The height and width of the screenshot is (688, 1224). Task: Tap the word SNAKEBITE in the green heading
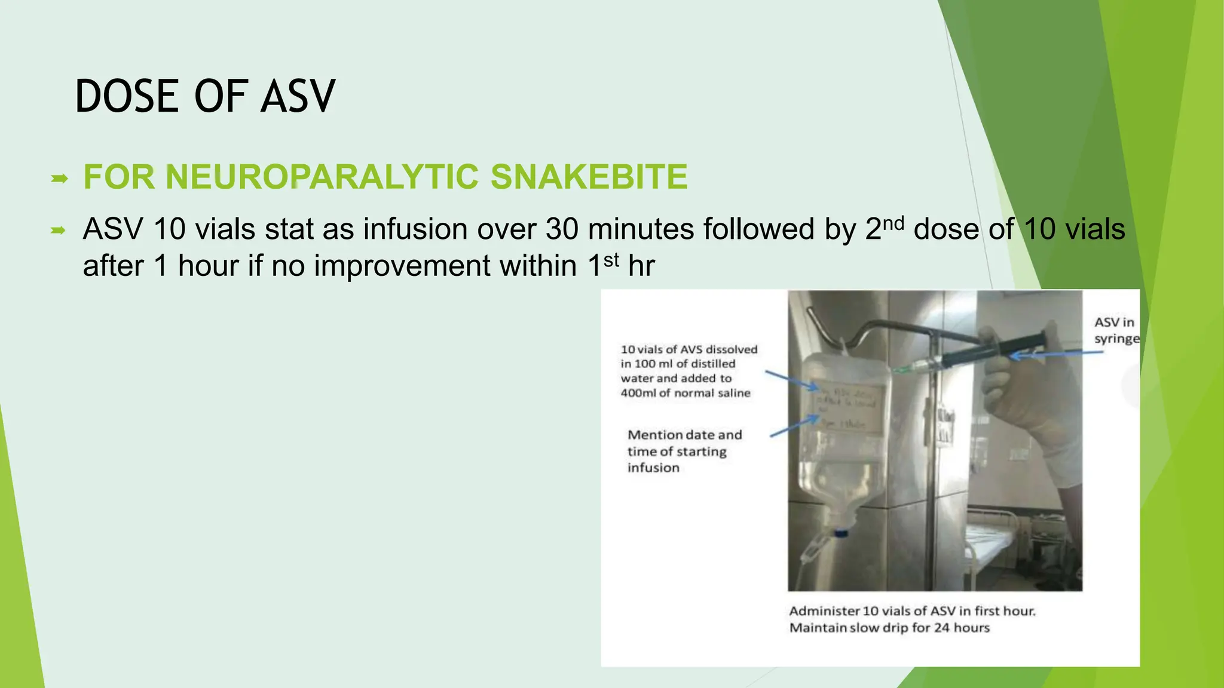pos(588,177)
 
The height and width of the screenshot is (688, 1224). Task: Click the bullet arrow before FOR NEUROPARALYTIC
pos(59,178)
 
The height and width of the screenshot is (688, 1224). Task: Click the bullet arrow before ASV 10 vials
pos(59,231)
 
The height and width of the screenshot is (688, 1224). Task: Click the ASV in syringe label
pos(1116,330)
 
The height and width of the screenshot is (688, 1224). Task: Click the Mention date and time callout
pos(684,451)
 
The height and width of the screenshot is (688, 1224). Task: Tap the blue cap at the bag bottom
pos(841,532)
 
